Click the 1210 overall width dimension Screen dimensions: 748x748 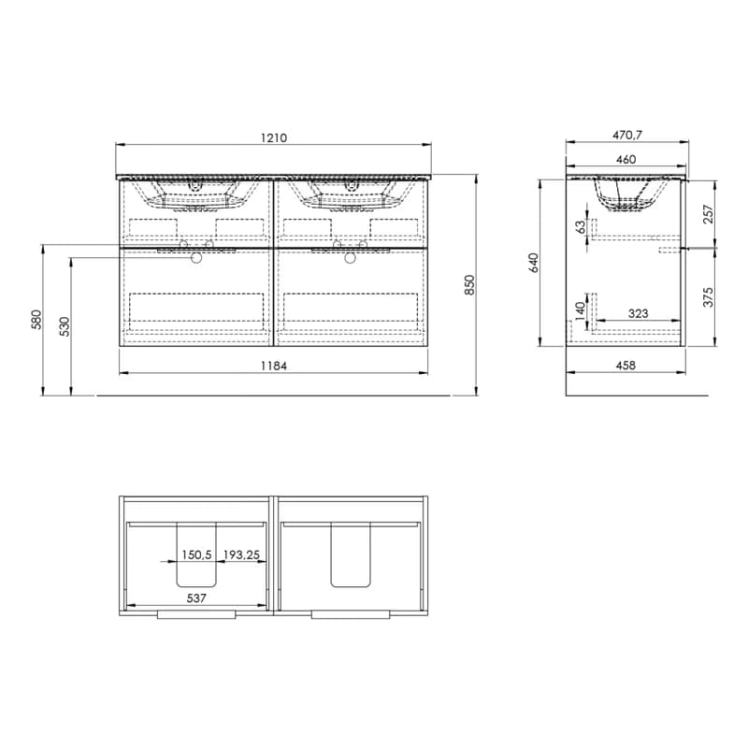coord(274,137)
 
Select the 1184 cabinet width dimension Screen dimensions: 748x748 coord(274,366)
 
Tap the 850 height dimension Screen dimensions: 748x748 coord(470,285)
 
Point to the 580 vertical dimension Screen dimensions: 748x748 coord(36,320)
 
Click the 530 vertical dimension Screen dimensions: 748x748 coord(65,326)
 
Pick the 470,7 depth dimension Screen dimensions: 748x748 coord(627,135)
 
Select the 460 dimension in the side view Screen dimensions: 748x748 coord(626,159)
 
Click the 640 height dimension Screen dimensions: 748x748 coord(534,263)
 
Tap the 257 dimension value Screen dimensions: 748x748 coord(709,214)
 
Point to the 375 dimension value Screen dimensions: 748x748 coord(709,296)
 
